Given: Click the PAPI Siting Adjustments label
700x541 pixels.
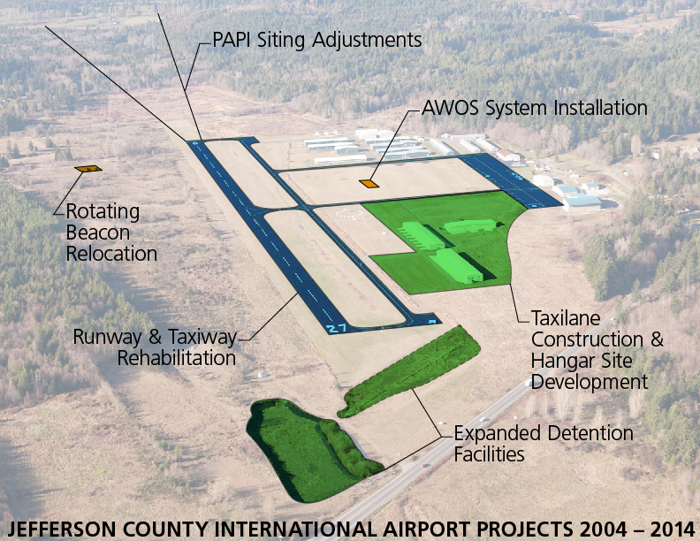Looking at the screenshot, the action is pos(317,40).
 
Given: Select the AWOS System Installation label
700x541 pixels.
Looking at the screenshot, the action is pos(535,108).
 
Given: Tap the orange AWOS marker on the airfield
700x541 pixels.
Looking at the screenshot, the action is pos(369,184).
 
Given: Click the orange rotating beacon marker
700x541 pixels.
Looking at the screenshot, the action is pos(88,169).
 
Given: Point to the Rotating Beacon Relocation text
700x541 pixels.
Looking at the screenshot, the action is pos(111,232).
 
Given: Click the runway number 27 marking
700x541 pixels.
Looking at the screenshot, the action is pos(336,329).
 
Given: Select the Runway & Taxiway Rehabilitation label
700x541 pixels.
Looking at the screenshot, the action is pos(155,347).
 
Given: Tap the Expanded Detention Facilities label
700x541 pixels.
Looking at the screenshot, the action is pos(544,443).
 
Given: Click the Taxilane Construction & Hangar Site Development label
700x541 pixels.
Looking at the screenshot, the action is pos(597,350).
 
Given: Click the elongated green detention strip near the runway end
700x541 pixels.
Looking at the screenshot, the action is pos(408,371).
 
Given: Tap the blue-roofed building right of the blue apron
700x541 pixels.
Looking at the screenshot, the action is pos(582,202).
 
